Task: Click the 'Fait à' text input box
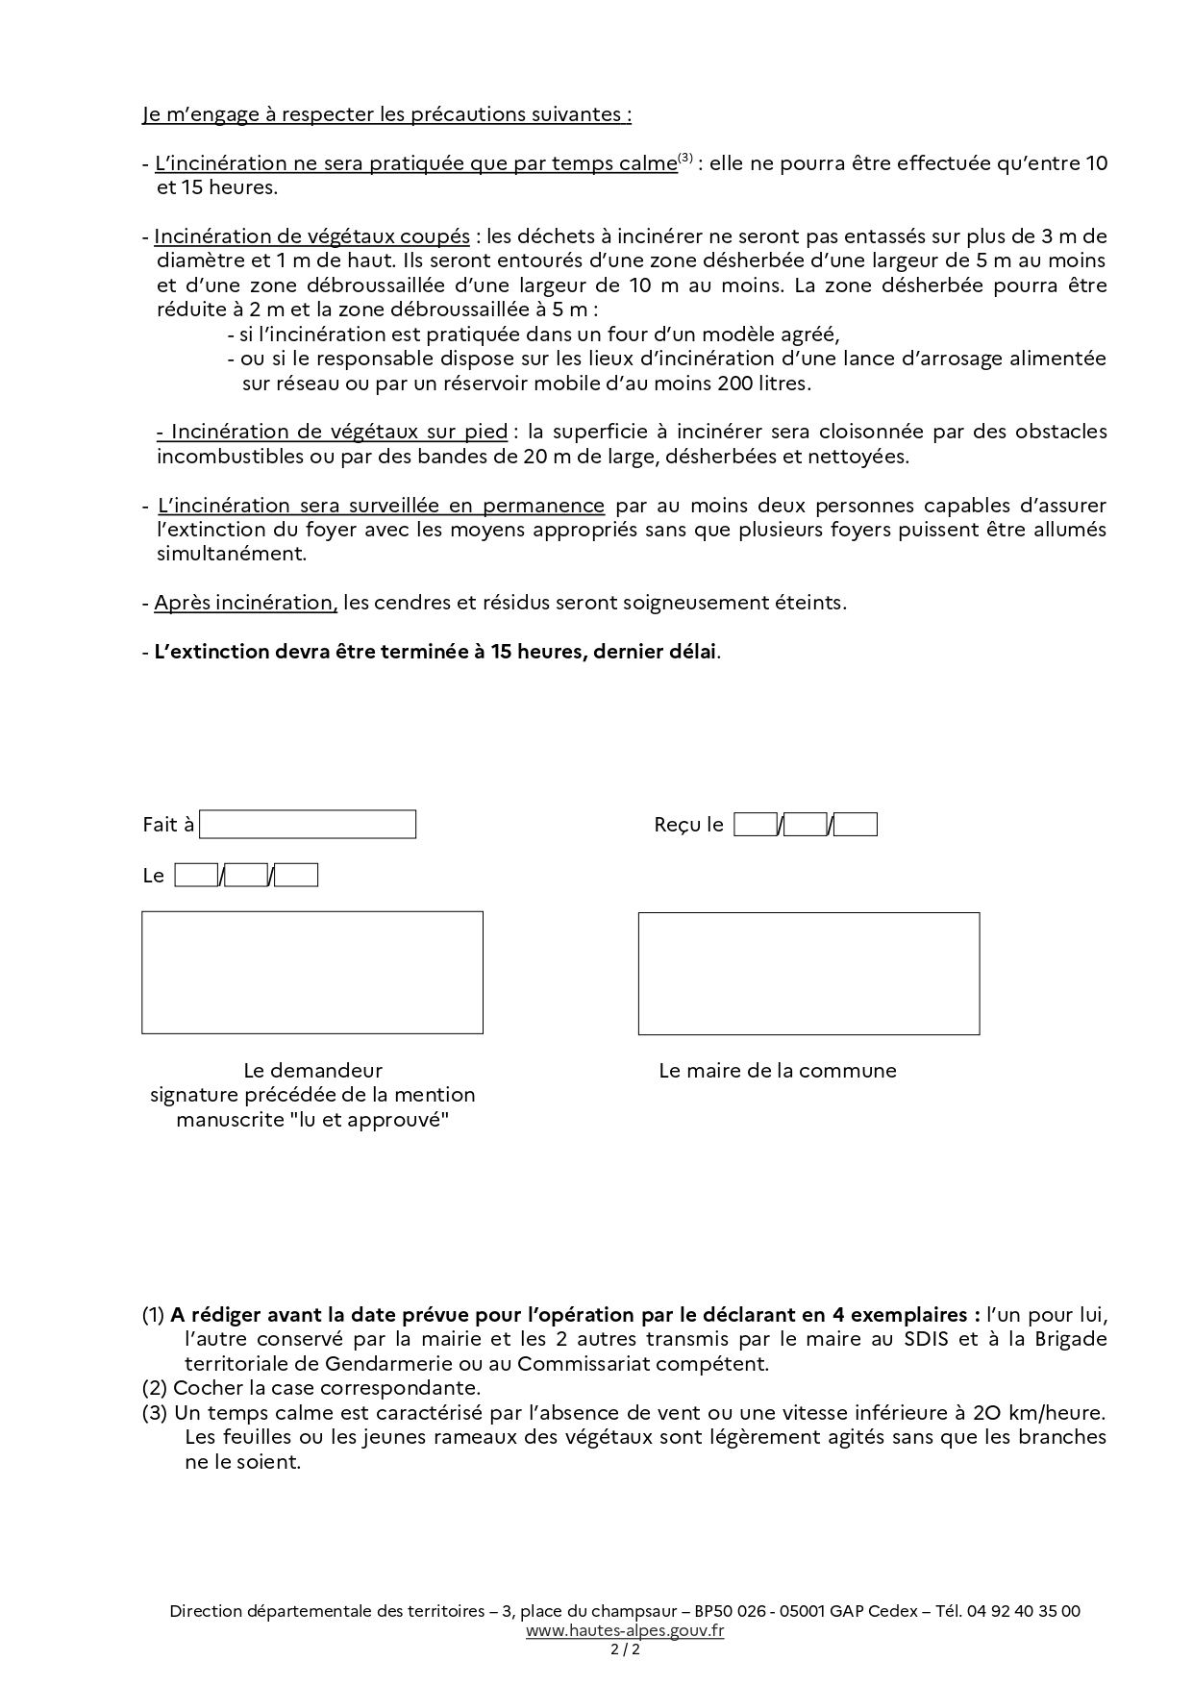point(308,825)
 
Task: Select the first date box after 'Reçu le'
point(756,825)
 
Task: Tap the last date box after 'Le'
point(296,876)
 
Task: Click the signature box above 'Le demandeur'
point(312,973)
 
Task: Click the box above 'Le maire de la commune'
point(808,974)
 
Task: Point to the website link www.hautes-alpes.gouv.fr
point(625,1630)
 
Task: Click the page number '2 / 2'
point(625,1649)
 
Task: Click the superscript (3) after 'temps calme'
point(685,159)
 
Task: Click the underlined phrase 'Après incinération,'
point(245,603)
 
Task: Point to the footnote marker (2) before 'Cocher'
point(155,1388)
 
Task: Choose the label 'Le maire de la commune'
point(777,1071)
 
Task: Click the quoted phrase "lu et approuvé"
point(369,1120)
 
